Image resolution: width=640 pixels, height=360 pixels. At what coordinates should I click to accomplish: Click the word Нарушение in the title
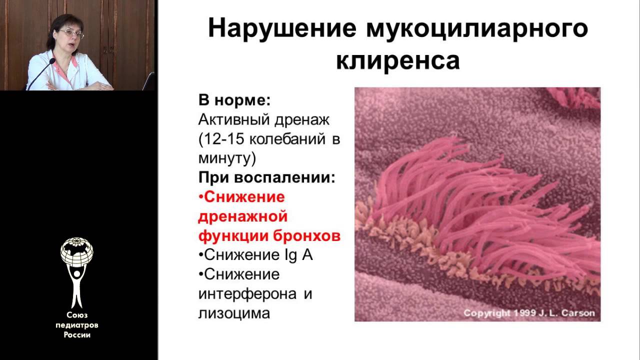pyautogui.click(x=282, y=28)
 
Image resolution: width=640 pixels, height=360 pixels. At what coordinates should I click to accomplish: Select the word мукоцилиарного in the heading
pyautogui.click(x=477, y=28)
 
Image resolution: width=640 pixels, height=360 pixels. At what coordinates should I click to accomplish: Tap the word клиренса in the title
pyautogui.click(x=398, y=60)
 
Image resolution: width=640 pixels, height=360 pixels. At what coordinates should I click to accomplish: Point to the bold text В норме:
pyautogui.click(x=234, y=100)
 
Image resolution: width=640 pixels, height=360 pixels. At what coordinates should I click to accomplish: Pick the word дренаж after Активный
pyautogui.click(x=302, y=119)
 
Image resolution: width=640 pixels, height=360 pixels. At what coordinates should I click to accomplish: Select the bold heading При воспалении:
pyautogui.click(x=267, y=177)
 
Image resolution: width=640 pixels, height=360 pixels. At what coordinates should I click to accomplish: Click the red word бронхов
pyautogui.click(x=307, y=235)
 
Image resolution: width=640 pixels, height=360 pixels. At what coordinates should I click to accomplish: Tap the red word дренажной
pyautogui.click(x=243, y=216)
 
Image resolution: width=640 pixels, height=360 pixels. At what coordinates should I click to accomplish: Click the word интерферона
pyautogui.click(x=247, y=294)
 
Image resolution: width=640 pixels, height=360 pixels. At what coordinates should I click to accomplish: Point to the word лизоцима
pyautogui.click(x=234, y=313)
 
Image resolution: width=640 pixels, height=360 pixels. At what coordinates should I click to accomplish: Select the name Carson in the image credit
pyautogui.click(x=578, y=313)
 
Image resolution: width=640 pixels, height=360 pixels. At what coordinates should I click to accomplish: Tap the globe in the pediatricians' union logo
pyautogui.click(x=76, y=251)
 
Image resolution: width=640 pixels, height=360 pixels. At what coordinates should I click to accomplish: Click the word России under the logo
pyautogui.click(x=77, y=335)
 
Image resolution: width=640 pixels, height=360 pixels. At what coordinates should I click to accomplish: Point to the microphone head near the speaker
pyautogui.click(x=52, y=61)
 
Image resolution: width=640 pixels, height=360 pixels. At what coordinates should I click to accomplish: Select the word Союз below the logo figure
pyautogui.click(x=77, y=315)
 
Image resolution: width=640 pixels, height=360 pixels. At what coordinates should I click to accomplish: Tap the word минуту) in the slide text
pyautogui.click(x=227, y=158)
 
